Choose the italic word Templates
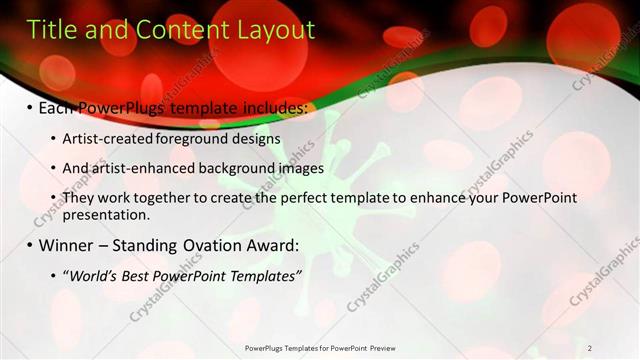[262, 276]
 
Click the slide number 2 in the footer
[590, 348]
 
